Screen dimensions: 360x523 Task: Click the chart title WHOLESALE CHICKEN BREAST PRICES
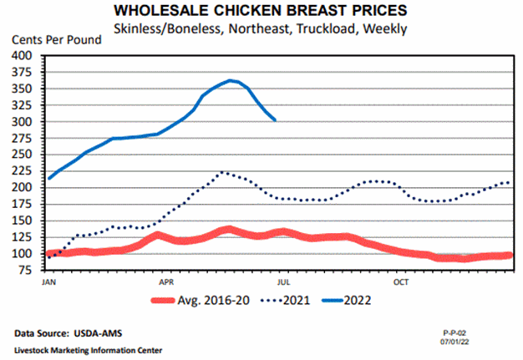click(261, 13)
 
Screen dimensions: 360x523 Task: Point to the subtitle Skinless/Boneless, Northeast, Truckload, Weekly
click(260, 29)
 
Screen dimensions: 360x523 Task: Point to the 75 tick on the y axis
click(29, 271)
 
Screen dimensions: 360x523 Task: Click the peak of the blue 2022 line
click(231, 80)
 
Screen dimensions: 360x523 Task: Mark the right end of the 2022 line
click(276, 119)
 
